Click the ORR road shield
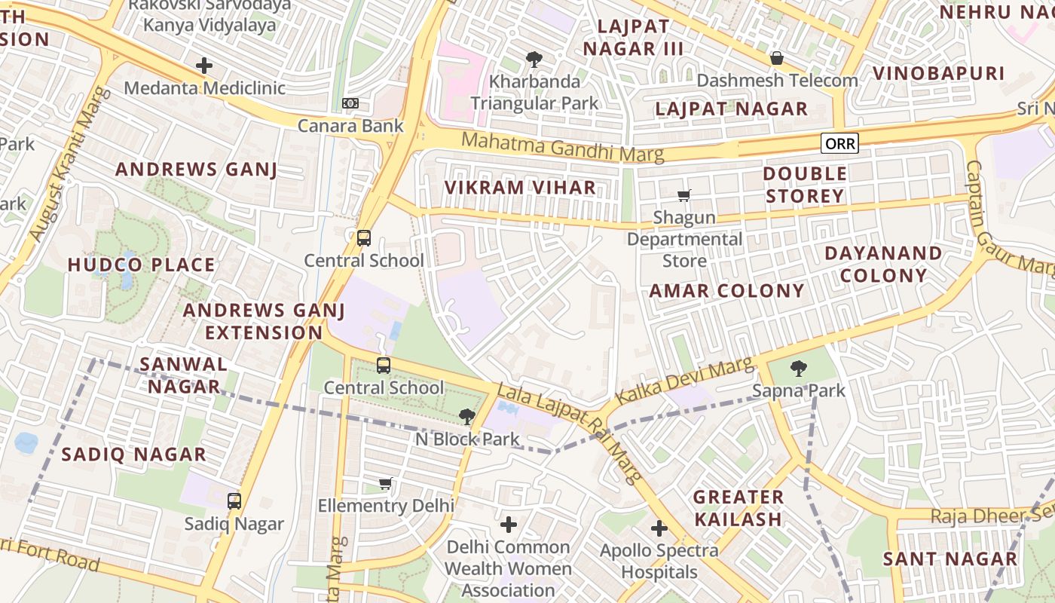click(839, 143)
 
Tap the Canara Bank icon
click(350, 103)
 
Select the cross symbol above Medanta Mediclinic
click(203, 66)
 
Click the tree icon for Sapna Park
click(798, 369)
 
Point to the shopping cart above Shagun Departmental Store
click(683, 196)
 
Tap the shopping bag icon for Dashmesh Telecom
click(776, 58)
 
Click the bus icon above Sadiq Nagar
click(234, 500)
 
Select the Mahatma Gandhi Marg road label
click(562, 147)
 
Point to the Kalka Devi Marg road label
click(684, 381)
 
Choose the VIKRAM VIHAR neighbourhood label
click(520, 188)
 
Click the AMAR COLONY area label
click(726, 291)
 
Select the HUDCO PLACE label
click(141, 265)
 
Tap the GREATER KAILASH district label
click(738, 508)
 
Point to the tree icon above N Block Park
click(467, 416)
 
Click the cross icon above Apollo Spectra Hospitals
click(659, 528)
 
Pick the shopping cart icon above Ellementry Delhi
click(386, 483)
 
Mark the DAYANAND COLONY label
click(883, 264)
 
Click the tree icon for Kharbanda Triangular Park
click(534, 59)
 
